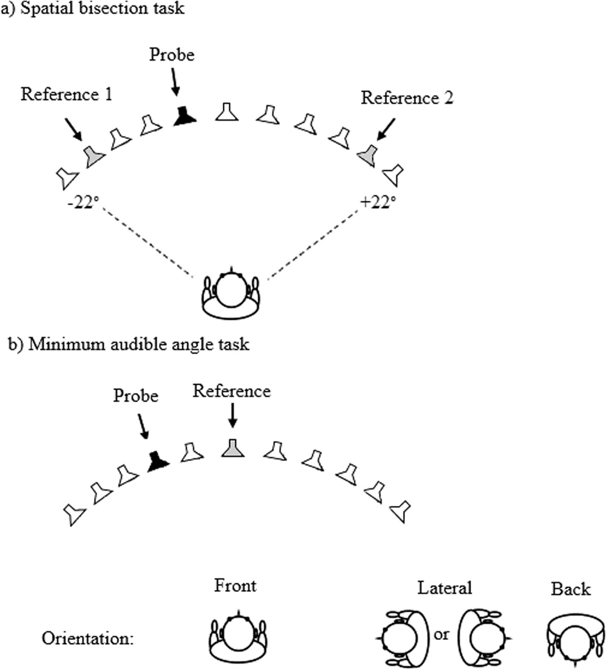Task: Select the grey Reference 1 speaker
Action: (94, 156)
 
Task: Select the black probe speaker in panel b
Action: (157, 462)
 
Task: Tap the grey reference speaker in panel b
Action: (231, 448)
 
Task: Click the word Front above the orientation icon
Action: (236, 587)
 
